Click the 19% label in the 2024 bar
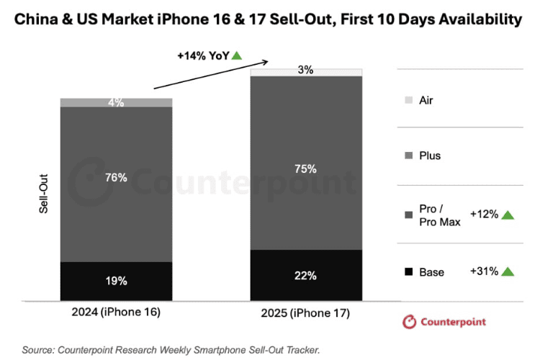[x=116, y=281]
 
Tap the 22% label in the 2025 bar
[x=306, y=275]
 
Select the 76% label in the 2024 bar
[x=116, y=177]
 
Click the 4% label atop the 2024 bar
[x=116, y=102]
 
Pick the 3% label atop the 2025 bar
[x=306, y=71]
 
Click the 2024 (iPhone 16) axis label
[x=116, y=312]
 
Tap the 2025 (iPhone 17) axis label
[x=306, y=315]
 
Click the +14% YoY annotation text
[x=202, y=55]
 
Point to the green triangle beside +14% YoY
[x=236, y=55]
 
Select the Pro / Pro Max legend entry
[x=435, y=215]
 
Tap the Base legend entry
[x=432, y=272]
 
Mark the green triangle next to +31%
[x=508, y=271]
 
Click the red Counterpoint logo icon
[x=410, y=322]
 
